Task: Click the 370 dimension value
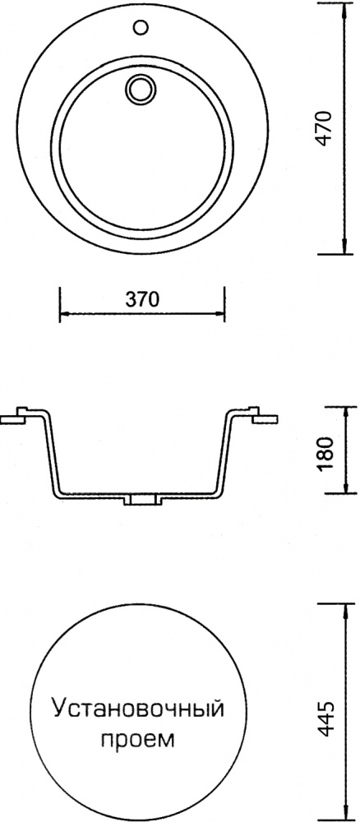141,299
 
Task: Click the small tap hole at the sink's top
141,26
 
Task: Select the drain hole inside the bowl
141,88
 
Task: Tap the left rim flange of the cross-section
16,417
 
